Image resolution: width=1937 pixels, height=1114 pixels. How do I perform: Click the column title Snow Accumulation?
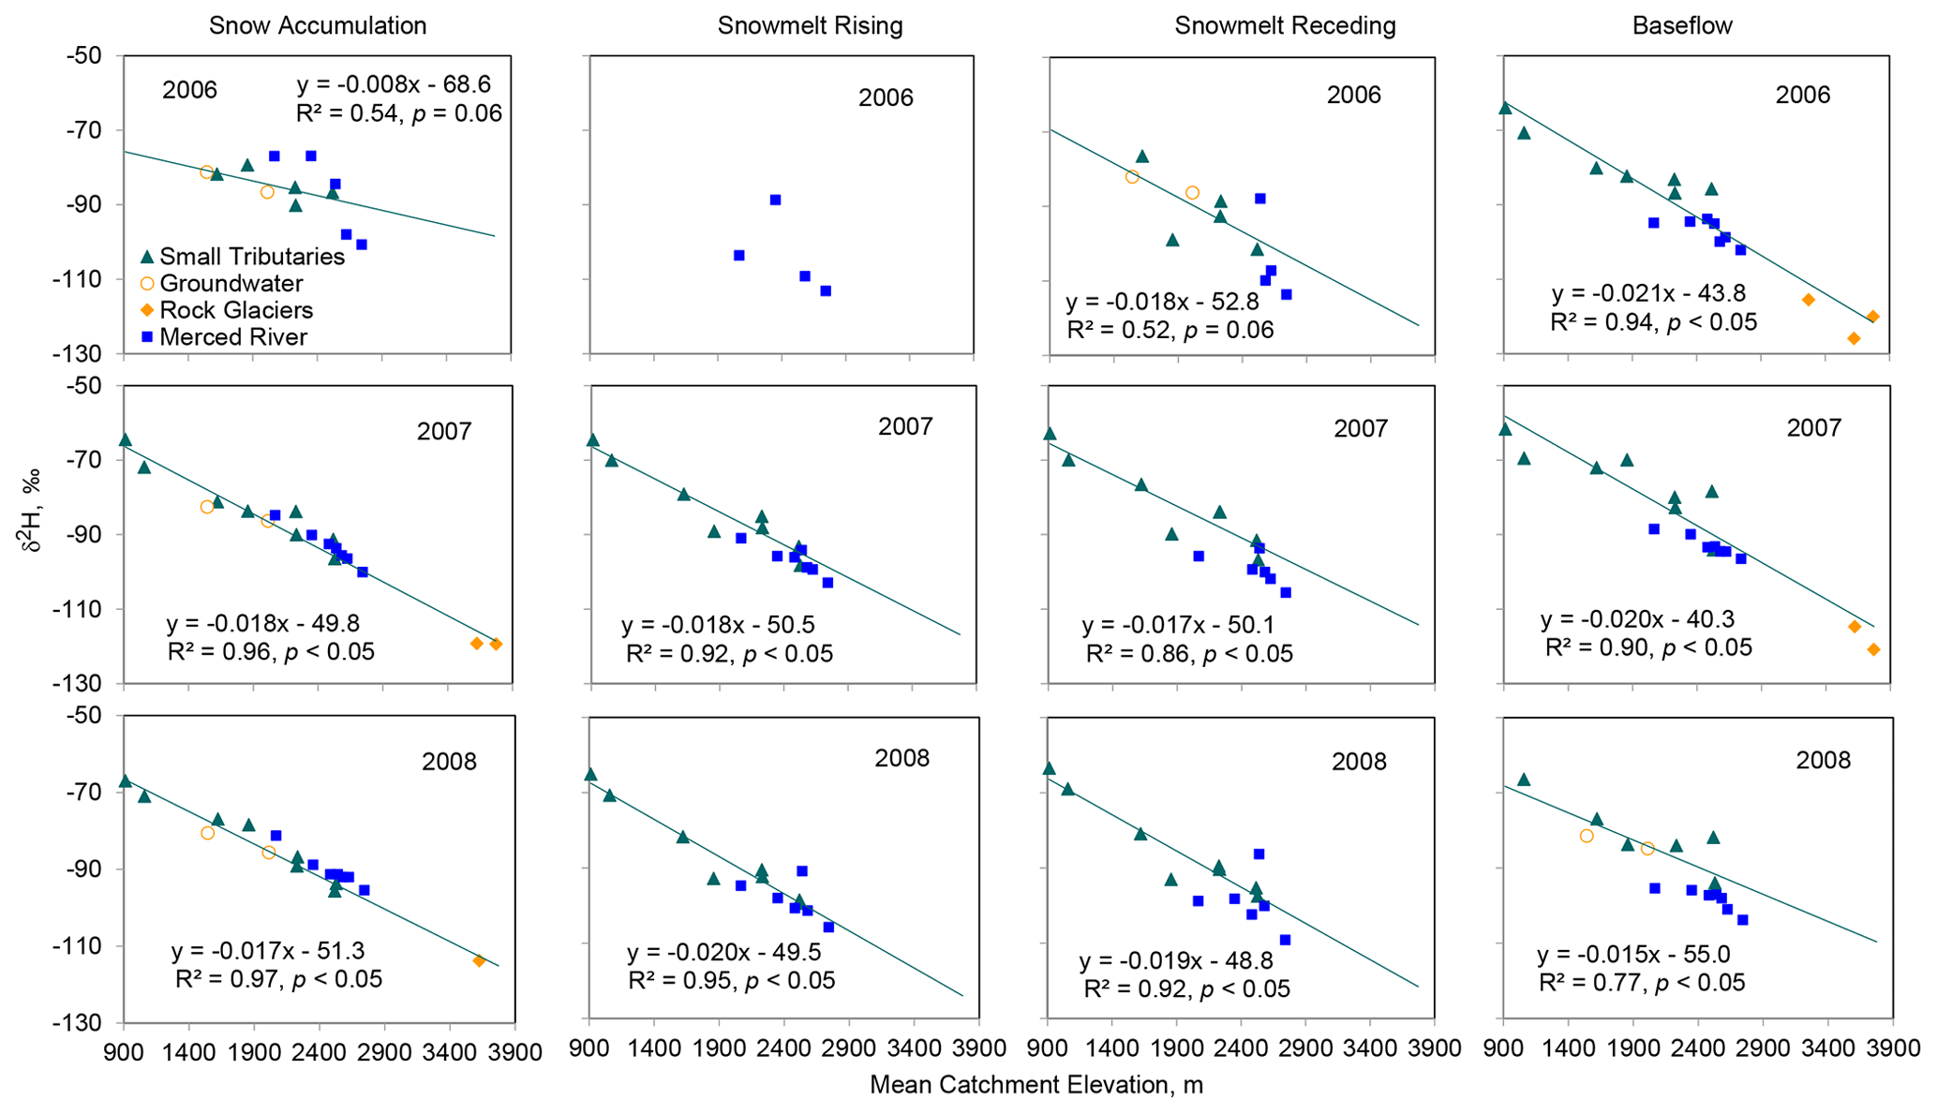coord(317,25)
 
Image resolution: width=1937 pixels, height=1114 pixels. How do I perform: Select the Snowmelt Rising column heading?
coord(810,25)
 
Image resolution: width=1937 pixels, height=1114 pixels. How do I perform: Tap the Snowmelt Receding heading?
coord(1285,25)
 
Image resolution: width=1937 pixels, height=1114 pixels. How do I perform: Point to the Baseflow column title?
coord(1682,25)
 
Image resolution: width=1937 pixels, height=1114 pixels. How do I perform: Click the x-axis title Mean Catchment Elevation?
coord(1036,1085)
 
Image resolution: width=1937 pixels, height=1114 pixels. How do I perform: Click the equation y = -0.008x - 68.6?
coord(394,85)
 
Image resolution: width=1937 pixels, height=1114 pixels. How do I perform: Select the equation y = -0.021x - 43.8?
coord(1648,294)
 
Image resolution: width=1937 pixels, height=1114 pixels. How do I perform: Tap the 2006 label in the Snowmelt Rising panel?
coord(886,97)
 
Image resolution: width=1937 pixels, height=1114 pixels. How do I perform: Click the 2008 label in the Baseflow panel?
coord(1823,760)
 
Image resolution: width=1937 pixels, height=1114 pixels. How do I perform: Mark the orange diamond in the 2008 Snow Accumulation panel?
coord(479,960)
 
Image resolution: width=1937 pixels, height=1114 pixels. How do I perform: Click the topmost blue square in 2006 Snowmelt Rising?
coord(775,200)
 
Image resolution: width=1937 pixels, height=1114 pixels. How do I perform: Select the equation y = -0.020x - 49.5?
coord(723,953)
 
